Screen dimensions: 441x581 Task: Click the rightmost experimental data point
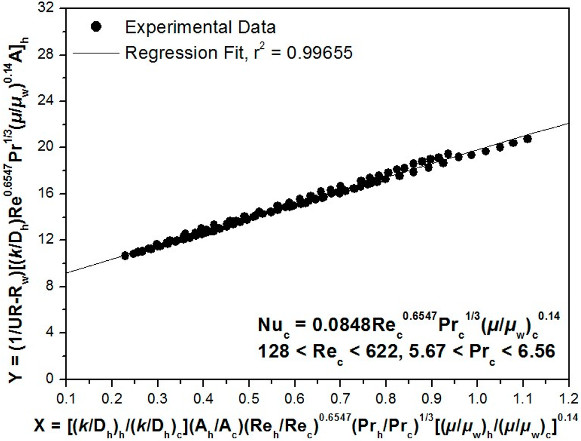[528, 139]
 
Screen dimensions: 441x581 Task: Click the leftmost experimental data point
[125, 256]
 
